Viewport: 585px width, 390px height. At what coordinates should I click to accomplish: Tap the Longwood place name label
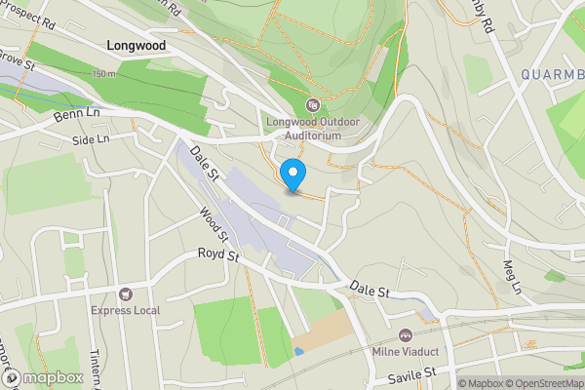[136, 45]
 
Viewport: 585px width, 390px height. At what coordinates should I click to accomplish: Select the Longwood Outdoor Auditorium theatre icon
[312, 105]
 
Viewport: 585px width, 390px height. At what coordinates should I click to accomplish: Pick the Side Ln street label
[91, 140]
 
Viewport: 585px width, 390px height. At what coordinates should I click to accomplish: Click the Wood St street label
[213, 224]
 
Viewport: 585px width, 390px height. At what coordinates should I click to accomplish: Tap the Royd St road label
[218, 256]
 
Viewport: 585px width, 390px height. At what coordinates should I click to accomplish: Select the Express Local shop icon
[125, 294]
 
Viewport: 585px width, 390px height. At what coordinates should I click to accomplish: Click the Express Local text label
[125, 311]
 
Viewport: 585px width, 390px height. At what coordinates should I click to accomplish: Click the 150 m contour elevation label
[104, 74]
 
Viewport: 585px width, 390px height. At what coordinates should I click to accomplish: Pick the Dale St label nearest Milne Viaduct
[370, 291]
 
